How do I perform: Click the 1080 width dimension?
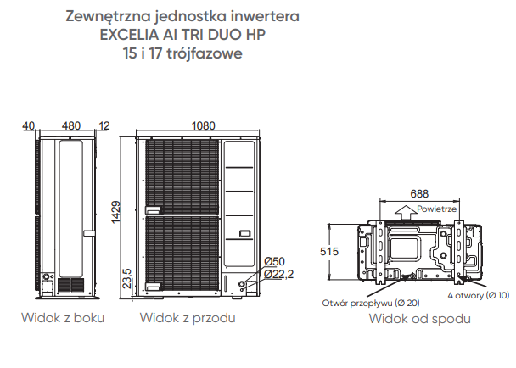coord(203,126)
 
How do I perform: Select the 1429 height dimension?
coord(115,213)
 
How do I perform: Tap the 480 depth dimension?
coord(71,126)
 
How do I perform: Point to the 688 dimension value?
coord(419,193)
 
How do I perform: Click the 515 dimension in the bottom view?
coord(329,252)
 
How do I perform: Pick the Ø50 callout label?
coord(274,261)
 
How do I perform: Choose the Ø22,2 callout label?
coord(278,274)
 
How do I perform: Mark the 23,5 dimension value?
coord(127,279)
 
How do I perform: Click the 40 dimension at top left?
coord(28,126)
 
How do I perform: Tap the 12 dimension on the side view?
coord(104,126)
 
